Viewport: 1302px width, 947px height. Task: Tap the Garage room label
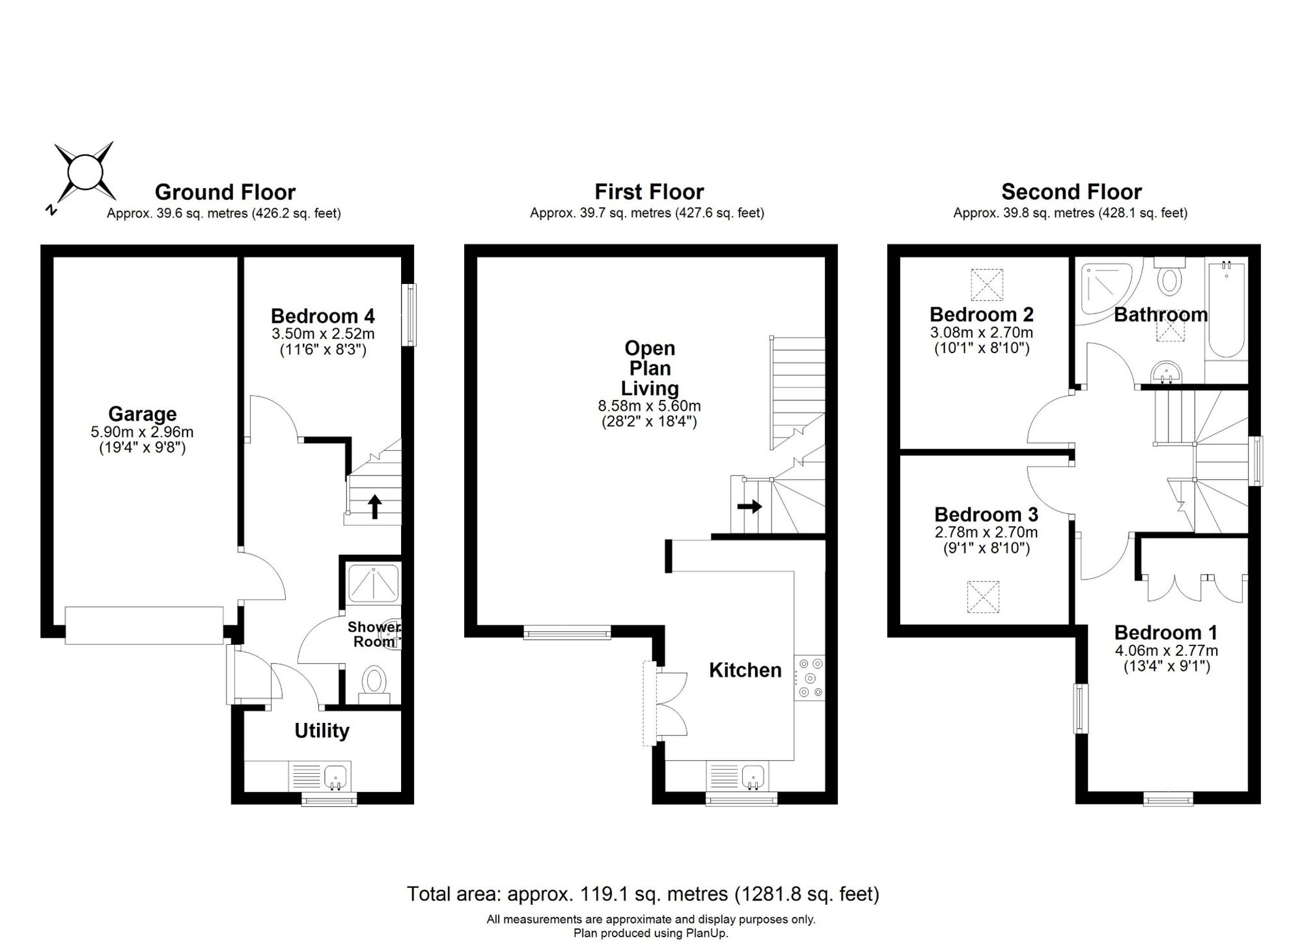143,414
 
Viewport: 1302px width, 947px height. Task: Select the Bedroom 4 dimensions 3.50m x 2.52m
323,334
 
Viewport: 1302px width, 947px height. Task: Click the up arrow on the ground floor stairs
374,507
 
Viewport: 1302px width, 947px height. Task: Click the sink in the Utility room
336,776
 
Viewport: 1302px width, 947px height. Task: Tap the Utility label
322,731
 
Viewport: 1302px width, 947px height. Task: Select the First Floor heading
649,191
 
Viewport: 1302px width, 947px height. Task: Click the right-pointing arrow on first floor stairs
749,506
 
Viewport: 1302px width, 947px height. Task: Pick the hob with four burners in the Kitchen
809,677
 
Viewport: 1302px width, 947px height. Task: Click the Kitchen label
745,670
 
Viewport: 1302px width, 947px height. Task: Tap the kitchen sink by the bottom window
753,776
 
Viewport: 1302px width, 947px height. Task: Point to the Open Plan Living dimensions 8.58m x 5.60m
650,406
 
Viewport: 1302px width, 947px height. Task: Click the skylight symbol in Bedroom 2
987,285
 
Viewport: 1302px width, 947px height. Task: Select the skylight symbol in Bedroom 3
982,597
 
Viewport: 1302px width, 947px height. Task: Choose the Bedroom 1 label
1166,632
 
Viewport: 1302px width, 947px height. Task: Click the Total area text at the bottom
643,894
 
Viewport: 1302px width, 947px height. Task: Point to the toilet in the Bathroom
1170,277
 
